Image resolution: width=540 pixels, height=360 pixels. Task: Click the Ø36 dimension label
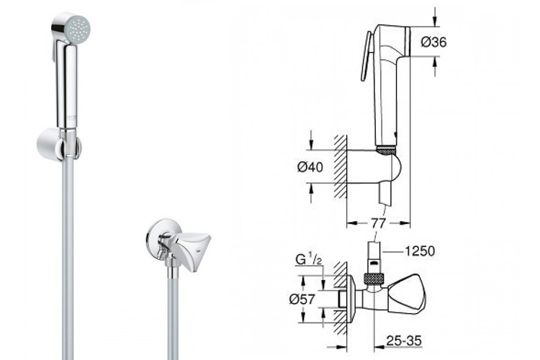click(x=433, y=42)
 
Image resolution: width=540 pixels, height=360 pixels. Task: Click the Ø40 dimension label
click(x=310, y=167)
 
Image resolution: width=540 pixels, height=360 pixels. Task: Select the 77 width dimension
click(x=379, y=223)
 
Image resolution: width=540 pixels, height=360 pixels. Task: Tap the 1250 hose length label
click(x=420, y=251)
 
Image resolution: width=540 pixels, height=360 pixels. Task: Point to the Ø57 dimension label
click(x=302, y=299)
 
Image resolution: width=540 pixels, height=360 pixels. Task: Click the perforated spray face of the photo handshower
click(x=79, y=30)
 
